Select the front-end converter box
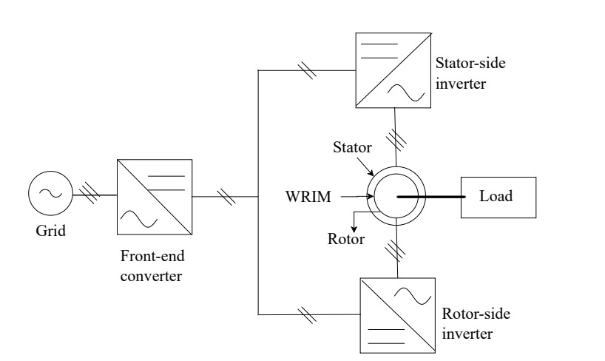(x=154, y=197)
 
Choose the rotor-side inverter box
(x=396, y=314)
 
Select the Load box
(x=497, y=198)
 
